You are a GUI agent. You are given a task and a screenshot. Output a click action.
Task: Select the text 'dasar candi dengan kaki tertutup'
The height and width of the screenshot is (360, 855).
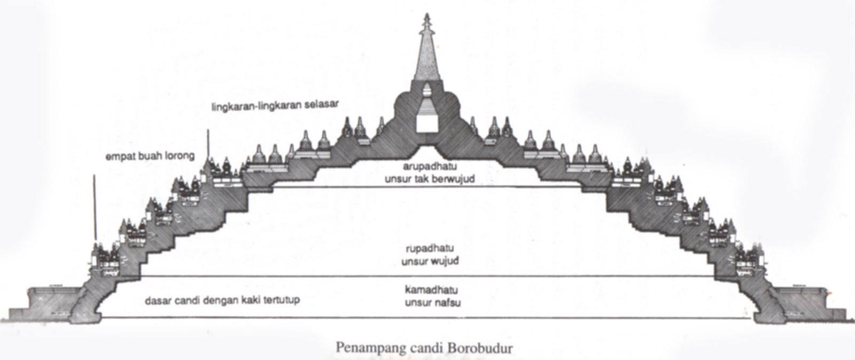(222, 300)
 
